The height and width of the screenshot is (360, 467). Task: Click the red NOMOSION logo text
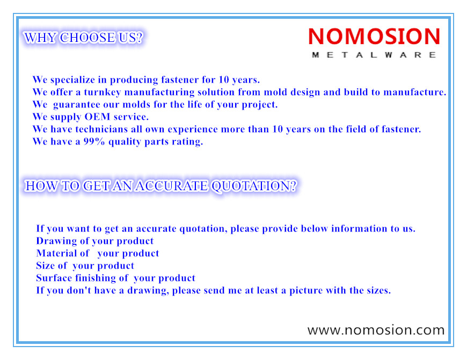(374, 37)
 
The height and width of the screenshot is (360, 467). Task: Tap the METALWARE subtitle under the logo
(374, 55)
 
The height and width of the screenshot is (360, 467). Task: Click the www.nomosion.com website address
(376, 330)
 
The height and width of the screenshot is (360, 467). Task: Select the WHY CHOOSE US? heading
(83, 38)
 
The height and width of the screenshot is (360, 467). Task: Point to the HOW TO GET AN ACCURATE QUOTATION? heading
(161, 186)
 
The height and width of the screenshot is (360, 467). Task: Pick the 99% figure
(94, 141)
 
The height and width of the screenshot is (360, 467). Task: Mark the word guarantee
(76, 105)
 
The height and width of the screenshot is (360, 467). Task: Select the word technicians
(101, 129)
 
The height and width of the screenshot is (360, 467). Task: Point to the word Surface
(54, 278)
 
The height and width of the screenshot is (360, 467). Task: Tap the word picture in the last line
(306, 291)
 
